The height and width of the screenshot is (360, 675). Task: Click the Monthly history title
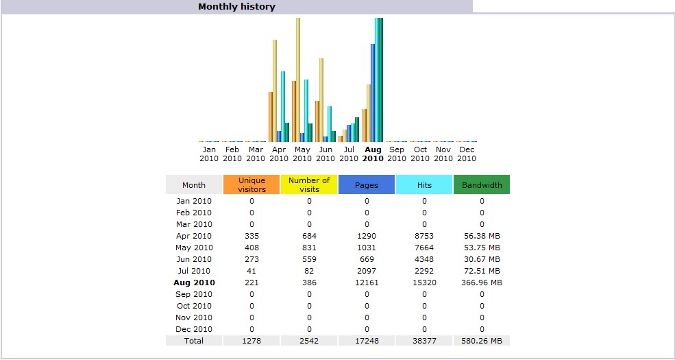(x=236, y=7)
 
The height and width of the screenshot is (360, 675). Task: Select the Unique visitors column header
(x=251, y=184)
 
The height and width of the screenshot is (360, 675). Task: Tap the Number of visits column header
(x=309, y=184)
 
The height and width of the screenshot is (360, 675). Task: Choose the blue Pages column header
(x=367, y=185)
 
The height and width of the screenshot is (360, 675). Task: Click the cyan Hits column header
(x=424, y=185)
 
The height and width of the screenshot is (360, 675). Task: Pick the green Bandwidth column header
(x=482, y=185)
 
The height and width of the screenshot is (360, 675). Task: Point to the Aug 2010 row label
(x=194, y=283)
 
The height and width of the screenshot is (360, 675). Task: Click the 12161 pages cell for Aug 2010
(x=367, y=283)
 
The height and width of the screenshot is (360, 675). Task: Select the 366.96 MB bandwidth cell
(x=482, y=283)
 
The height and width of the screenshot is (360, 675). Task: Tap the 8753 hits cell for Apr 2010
(x=424, y=236)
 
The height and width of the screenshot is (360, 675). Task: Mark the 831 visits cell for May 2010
(x=309, y=248)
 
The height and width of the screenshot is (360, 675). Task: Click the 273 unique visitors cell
(x=251, y=259)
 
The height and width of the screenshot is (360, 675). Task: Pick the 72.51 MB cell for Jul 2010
(x=482, y=271)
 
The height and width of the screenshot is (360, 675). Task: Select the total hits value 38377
(x=424, y=341)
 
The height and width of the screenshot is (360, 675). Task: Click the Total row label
(x=194, y=341)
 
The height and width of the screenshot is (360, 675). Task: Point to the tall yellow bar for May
(x=298, y=79)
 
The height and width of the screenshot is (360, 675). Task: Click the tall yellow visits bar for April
(x=275, y=89)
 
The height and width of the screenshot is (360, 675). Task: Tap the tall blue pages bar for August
(x=373, y=93)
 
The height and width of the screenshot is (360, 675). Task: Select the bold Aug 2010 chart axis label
(x=373, y=154)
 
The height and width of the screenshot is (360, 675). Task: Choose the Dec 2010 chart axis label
(x=467, y=154)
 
